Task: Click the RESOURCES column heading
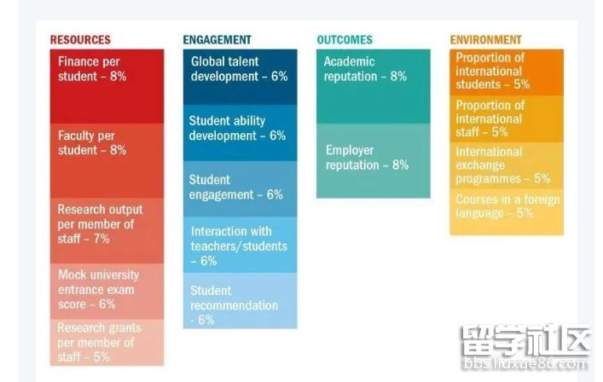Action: [x=80, y=39]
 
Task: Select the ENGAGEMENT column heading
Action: [x=217, y=39]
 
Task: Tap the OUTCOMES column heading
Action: [x=345, y=39]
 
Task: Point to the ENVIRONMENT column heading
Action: [x=485, y=39]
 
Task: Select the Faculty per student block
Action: [x=107, y=159]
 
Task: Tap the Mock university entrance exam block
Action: [x=107, y=290]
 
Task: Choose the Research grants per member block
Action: [x=107, y=342]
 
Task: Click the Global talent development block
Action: [x=240, y=75]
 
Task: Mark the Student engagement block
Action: [x=240, y=188]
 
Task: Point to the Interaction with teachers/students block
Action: [x=240, y=245]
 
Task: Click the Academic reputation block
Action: [x=374, y=85]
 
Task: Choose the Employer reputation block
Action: [x=374, y=160]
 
